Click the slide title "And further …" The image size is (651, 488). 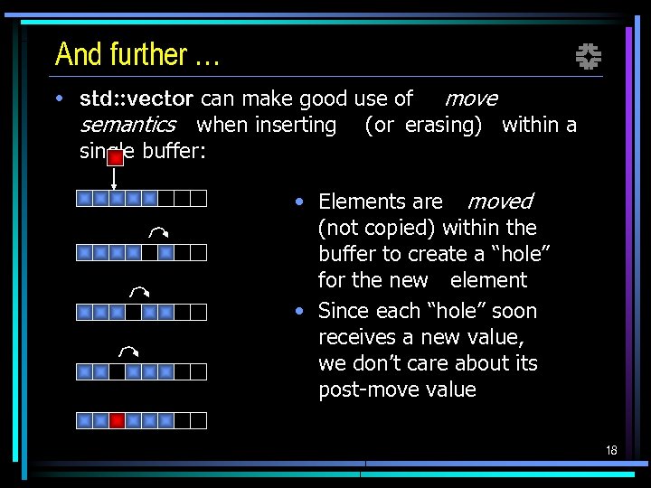pyautogui.click(x=137, y=55)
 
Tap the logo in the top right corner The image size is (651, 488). pyautogui.click(x=589, y=58)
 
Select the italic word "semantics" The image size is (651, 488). pyautogui.click(x=127, y=125)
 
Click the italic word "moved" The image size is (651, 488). pyautogui.click(x=500, y=202)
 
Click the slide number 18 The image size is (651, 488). pyautogui.click(x=611, y=450)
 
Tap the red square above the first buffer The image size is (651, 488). pyautogui.click(x=115, y=157)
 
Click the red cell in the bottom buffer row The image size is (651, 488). pyautogui.click(x=117, y=420)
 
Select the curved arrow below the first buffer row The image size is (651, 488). pyautogui.click(x=159, y=232)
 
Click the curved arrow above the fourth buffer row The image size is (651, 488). pyautogui.click(x=127, y=351)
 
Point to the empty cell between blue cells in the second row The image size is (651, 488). pyautogui.click(x=149, y=252)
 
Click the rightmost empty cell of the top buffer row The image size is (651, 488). pyautogui.click(x=199, y=198)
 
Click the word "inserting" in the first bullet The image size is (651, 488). pyautogui.click(x=295, y=125)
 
